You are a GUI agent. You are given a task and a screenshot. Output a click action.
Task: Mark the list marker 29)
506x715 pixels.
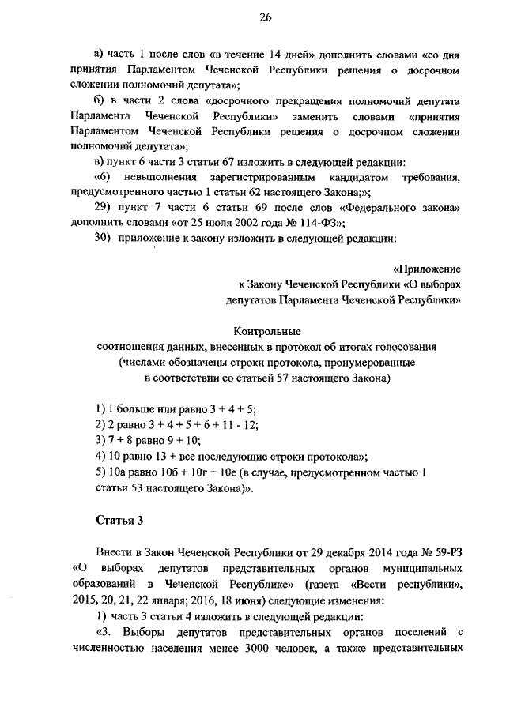click(x=104, y=206)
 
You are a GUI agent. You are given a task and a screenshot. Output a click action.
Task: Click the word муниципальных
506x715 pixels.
click(x=421, y=571)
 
